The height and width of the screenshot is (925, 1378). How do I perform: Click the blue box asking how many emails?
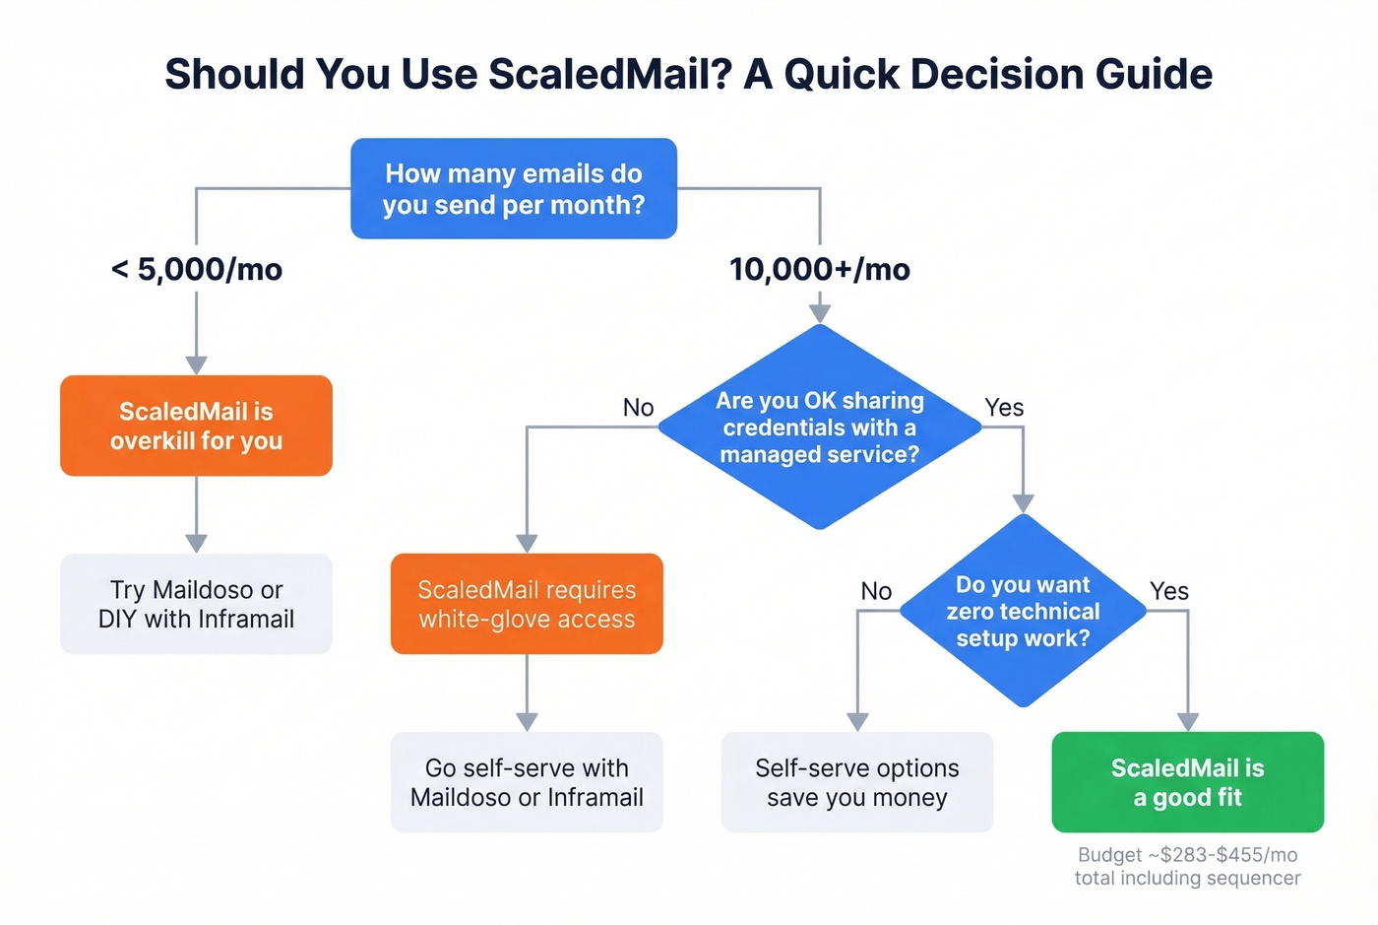click(514, 188)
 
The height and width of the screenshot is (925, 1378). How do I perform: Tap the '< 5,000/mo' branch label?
click(197, 269)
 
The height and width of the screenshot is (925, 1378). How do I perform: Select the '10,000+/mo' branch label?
click(819, 269)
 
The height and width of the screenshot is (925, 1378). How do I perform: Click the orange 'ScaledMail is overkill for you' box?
click(196, 426)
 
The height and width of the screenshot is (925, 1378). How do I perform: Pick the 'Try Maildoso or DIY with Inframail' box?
click(196, 604)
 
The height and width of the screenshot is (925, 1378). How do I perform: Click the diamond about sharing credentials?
click(819, 427)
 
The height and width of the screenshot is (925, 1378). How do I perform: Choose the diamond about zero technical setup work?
click(1023, 611)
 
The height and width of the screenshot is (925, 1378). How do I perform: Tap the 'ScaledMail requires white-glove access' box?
click(527, 604)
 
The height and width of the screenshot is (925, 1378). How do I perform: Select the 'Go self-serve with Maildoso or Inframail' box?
click(527, 782)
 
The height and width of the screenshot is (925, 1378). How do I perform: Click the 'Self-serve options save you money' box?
click(857, 782)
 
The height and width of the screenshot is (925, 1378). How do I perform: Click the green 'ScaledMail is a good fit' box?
click(1187, 782)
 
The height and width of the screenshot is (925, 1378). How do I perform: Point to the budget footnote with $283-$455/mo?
click(1187, 866)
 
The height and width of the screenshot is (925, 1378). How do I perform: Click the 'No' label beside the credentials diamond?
click(638, 407)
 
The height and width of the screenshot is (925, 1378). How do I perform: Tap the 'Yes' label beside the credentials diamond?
click(1004, 407)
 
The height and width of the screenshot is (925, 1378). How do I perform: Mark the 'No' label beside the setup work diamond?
click(876, 591)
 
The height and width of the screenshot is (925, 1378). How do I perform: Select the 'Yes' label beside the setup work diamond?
click(1169, 591)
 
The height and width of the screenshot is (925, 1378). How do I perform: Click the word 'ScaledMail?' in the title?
click(610, 75)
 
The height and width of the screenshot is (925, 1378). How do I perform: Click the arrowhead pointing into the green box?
click(1188, 721)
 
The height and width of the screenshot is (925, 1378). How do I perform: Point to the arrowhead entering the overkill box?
click(197, 364)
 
